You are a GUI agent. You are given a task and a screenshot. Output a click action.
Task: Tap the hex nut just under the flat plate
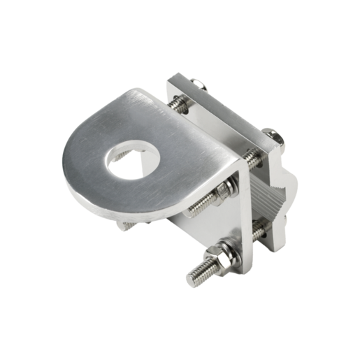click(226, 187)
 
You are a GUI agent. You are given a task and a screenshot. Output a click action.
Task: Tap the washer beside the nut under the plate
click(233, 183)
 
